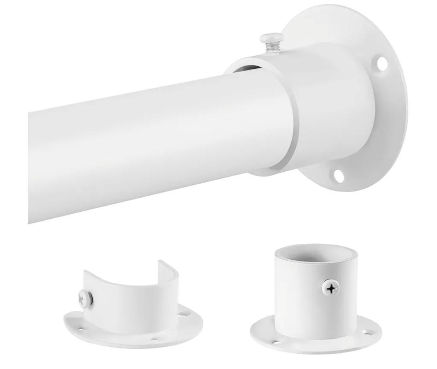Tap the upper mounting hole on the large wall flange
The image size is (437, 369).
tap(380, 63)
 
